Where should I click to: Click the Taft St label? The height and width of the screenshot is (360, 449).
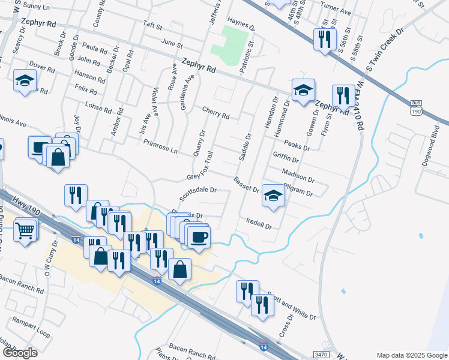click(152, 27)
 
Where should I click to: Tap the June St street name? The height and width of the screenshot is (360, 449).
click(172, 43)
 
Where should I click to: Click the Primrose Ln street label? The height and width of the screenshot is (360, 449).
click(161, 146)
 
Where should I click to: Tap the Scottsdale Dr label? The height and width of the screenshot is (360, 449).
click(206, 193)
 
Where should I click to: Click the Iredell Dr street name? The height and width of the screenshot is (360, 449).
click(259, 224)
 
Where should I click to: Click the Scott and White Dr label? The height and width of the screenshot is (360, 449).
click(292, 305)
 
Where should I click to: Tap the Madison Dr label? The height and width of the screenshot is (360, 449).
click(298, 175)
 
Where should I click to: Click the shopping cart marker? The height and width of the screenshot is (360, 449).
click(25, 229)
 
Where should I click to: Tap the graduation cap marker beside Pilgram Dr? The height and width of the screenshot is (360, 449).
click(273, 196)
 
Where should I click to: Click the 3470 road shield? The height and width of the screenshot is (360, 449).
click(321, 355)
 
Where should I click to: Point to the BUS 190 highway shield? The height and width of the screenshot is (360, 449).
click(415, 107)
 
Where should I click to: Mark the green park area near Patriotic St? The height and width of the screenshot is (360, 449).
click(234, 42)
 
